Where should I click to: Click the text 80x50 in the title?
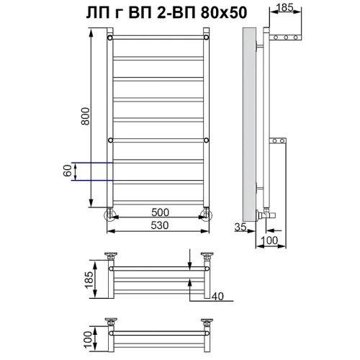224,12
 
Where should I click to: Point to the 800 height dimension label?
86,117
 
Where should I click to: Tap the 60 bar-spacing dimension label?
68,171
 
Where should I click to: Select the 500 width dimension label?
160,212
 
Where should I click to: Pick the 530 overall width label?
160,225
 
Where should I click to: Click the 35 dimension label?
240,227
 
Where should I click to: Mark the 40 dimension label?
217,297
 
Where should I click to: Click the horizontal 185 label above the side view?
285,8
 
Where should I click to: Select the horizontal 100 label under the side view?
269,240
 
